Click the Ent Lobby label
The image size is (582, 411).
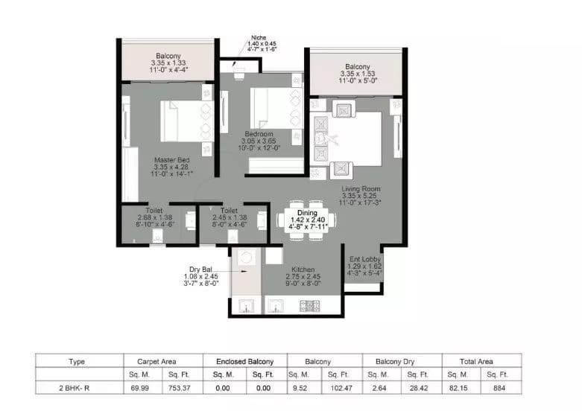point(364,259)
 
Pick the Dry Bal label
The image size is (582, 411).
point(200,269)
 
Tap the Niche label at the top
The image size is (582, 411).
point(258,37)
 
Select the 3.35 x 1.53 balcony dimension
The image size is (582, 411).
point(357,74)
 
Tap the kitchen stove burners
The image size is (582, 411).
point(309,305)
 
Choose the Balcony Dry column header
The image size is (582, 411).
point(399,361)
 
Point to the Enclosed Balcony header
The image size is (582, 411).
point(234,361)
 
